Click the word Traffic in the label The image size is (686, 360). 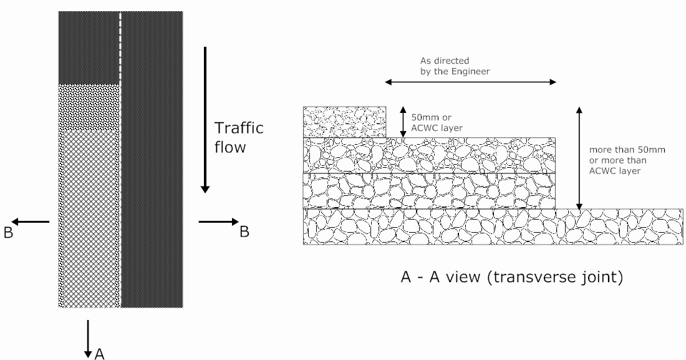pyautogui.click(x=239, y=129)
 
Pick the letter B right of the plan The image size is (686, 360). pyautogui.click(x=244, y=231)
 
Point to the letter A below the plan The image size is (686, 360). pyautogui.click(x=99, y=354)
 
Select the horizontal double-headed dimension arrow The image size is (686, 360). pyautogui.click(x=471, y=82)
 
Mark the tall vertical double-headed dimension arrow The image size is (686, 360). pyautogui.click(x=579, y=158)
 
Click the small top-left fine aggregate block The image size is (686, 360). pyautogui.click(x=344, y=122)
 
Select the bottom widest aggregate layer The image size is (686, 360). pyautogui.click(x=493, y=226)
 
